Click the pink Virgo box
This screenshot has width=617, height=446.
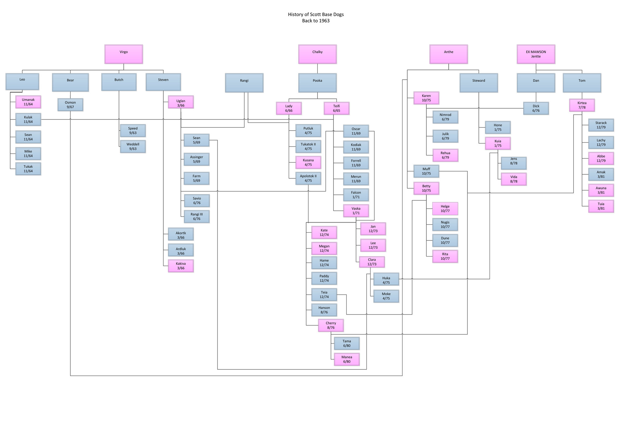(x=123, y=54)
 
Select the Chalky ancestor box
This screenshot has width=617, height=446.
(x=317, y=54)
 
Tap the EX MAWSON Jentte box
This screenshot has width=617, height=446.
(x=536, y=54)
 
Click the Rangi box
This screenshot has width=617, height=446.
(x=244, y=82)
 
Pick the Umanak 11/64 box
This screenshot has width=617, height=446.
(x=28, y=102)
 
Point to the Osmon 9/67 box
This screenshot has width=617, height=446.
(x=70, y=105)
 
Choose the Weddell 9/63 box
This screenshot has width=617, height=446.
(x=133, y=146)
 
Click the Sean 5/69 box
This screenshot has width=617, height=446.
(x=197, y=140)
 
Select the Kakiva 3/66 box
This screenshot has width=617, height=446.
(x=181, y=266)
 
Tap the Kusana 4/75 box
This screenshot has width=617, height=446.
(x=308, y=162)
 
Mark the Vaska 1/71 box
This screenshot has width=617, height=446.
(x=356, y=210)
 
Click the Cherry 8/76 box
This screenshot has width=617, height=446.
(x=331, y=325)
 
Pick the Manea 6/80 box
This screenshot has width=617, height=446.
(x=347, y=359)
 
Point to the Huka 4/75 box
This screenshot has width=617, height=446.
(x=386, y=280)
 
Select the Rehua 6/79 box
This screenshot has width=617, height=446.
(x=445, y=155)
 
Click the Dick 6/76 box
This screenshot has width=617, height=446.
(x=536, y=108)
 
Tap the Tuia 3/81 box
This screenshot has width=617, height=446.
(x=601, y=206)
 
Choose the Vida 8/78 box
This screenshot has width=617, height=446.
(x=514, y=179)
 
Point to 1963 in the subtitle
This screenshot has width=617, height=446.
(x=324, y=21)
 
